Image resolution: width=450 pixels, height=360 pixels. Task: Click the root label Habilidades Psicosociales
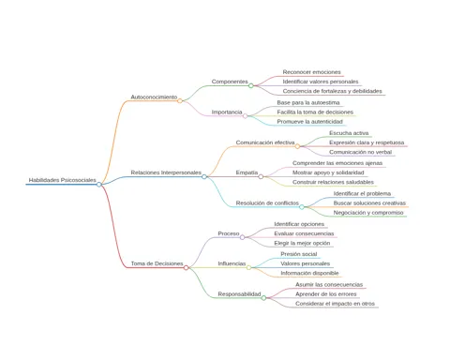63,180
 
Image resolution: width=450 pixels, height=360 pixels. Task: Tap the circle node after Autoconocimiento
180,100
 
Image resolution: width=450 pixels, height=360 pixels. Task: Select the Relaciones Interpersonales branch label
166,172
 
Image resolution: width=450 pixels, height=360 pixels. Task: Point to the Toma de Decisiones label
157,263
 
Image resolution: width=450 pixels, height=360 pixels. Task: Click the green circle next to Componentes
251,85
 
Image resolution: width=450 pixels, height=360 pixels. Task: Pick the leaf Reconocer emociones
311,72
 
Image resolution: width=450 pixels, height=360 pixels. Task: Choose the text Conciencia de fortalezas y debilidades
333,91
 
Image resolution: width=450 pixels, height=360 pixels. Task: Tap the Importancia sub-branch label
227,112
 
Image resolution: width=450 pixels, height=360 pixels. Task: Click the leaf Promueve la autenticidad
309,122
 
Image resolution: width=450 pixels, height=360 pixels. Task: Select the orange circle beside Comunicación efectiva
297,146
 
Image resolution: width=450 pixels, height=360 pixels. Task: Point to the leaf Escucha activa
349,133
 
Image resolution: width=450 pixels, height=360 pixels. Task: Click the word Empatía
247,172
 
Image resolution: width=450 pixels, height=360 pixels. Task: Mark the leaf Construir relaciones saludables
333,182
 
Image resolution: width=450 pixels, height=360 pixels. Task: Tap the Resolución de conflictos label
267,203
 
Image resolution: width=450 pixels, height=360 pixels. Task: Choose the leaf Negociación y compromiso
368,213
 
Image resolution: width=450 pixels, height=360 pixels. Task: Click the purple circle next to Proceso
242,237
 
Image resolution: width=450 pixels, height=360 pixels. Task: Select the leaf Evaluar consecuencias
304,233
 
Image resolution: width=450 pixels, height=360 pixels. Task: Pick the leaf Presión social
299,254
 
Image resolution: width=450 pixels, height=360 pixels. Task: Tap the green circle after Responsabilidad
263,298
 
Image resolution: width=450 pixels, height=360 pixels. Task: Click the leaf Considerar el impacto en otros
335,304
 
